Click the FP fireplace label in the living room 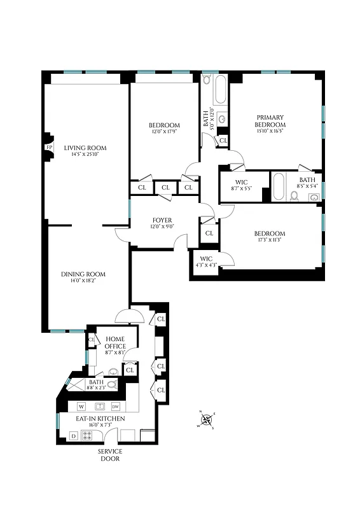tap(48, 148)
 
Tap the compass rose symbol tap(207, 421)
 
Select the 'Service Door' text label tap(109, 455)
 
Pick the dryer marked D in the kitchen tap(73, 436)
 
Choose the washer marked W tap(81, 406)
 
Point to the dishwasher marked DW tap(115, 406)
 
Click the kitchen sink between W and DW tap(99, 406)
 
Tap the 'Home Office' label tap(115, 342)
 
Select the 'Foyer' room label tap(162, 221)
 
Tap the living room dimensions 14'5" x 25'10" tap(85, 155)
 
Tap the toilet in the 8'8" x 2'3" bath tap(112, 384)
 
